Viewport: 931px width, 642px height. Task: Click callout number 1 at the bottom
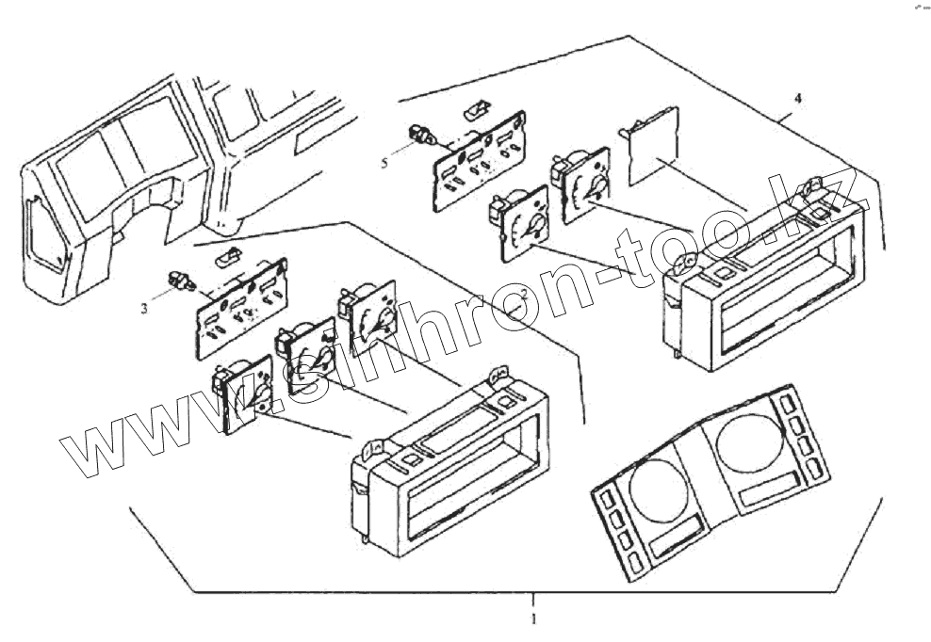[x=533, y=619]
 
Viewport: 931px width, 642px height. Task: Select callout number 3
[x=144, y=307]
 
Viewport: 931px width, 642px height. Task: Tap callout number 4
[x=798, y=98]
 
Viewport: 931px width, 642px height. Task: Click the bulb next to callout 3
[x=177, y=280]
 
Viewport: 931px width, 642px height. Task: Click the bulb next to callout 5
[x=420, y=137]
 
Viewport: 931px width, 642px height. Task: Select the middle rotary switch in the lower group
[x=304, y=355]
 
